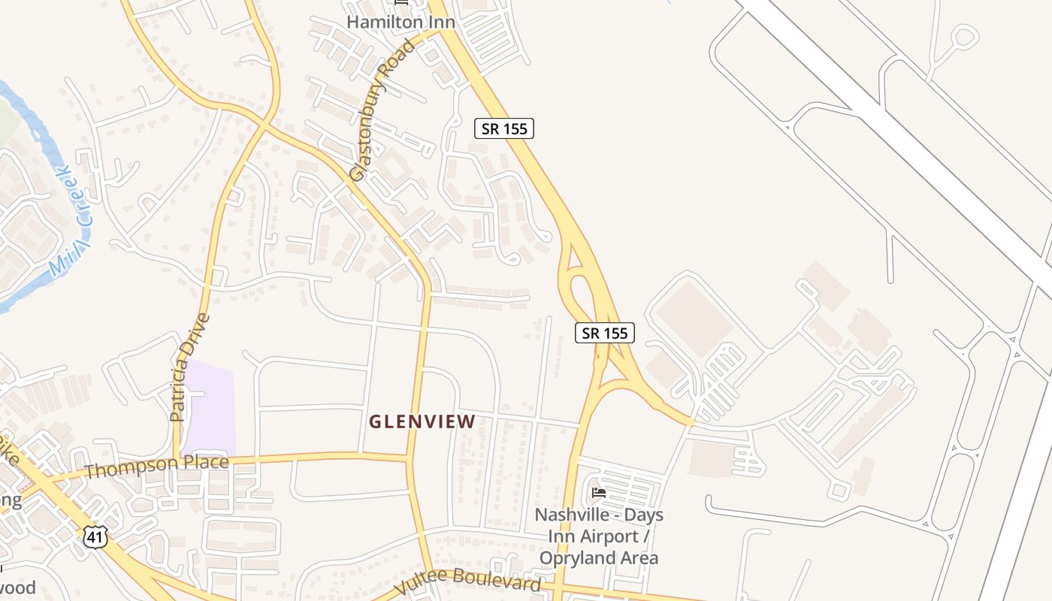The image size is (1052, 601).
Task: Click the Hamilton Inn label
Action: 401,23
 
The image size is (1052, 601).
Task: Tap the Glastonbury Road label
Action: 382,112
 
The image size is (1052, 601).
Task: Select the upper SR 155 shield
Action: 504,128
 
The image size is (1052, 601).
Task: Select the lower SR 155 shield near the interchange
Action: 605,333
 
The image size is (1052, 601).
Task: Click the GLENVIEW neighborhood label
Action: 422,421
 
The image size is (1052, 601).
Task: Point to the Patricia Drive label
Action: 189,367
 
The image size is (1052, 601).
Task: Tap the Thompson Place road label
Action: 156,467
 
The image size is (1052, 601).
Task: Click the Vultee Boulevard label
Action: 467,581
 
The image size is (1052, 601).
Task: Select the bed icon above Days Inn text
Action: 599,493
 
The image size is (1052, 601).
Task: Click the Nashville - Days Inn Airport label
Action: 599,526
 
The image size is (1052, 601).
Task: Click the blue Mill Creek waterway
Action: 30,120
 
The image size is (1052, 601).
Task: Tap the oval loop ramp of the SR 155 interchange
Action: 581,289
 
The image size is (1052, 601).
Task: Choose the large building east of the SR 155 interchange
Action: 695,319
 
